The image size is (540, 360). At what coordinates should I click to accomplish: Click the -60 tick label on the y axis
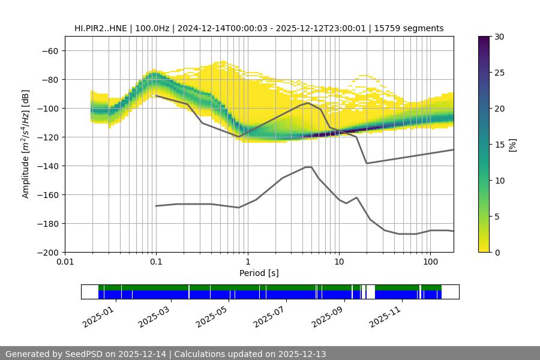[x=51, y=50]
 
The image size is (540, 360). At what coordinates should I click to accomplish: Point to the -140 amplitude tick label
[x=49, y=166]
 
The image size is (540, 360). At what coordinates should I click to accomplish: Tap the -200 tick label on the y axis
[x=49, y=252]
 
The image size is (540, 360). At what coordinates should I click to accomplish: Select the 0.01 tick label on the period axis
[x=65, y=262]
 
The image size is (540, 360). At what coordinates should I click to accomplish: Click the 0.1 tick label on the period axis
[x=156, y=262]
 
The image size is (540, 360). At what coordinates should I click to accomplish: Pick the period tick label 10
[x=338, y=262]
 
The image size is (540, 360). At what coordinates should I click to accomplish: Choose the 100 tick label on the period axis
[x=430, y=262]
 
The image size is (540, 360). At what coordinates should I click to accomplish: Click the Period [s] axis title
[x=259, y=273]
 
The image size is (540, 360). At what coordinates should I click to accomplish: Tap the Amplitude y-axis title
[x=25, y=144]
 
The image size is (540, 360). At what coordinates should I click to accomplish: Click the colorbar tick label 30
[x=499, y=37]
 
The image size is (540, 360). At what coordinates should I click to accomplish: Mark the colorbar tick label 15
[x=499, y=145]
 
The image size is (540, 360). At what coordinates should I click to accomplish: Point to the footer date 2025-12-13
[x=302, y=354]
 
